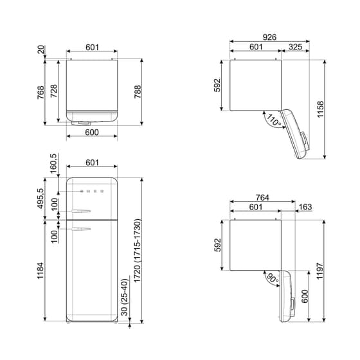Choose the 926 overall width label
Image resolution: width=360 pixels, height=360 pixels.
coord(269,38)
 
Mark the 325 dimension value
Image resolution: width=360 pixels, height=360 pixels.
coord(296,48)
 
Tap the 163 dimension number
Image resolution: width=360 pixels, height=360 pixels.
coord(305,206)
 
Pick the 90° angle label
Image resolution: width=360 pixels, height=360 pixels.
coord(272,280)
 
